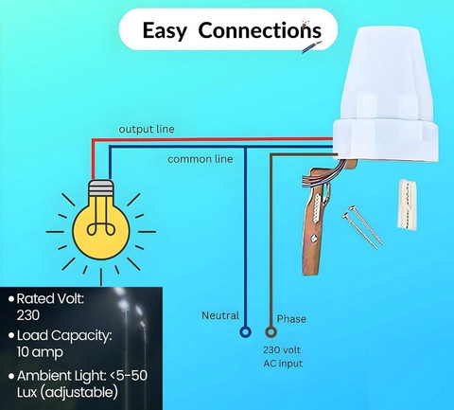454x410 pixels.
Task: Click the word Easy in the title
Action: pos(165,31)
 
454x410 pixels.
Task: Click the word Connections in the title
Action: pos(260,30)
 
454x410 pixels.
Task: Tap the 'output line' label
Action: pos(147,129)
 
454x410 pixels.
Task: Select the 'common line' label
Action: pos(201,159)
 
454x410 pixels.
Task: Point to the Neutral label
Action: pos(220,315)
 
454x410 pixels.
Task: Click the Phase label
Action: pos(291,319)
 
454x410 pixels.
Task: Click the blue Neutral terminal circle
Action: pos(245,332)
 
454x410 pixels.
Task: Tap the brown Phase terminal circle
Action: pos(271,332)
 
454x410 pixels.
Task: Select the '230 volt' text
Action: pos(282,349)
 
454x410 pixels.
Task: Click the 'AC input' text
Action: pos(283,364)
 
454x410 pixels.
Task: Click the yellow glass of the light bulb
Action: pos(101,227)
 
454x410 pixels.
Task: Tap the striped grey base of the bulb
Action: pos(101,188)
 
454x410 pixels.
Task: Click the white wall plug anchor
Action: pos(408,204)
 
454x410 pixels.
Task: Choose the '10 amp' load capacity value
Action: pos(40,352)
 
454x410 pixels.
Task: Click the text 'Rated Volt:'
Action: pos(50,298)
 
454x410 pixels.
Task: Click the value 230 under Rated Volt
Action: pos(28,315)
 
